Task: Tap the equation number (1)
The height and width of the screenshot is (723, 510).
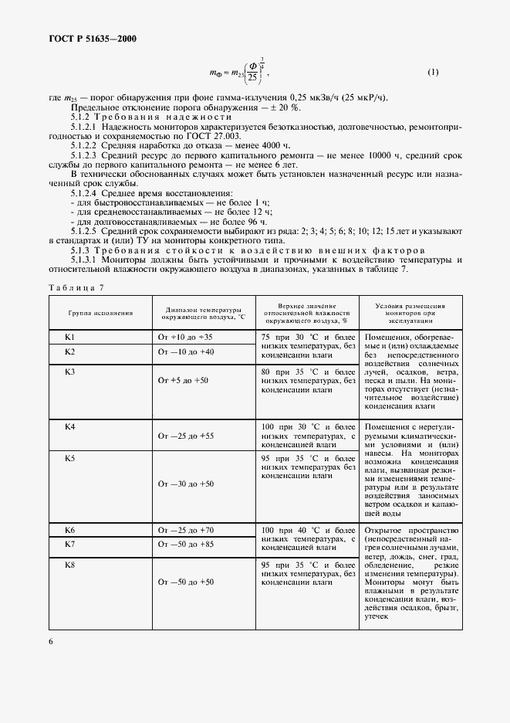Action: click(433, 73)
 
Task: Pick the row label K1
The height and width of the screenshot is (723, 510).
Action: click(69, 338)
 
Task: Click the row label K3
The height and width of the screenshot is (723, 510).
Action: click(69, 372)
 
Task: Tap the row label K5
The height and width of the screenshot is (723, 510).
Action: click(69, 459)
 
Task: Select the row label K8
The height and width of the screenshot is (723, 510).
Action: click(69, 566)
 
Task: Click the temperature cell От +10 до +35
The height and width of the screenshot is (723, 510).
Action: click(184, 338)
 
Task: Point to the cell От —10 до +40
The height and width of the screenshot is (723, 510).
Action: click(184, 351)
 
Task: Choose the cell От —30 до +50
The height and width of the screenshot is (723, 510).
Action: click(184, 484)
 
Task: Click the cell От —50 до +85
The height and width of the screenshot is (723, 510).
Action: click(184, 545)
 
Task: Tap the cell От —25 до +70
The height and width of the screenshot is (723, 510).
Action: click(184, 531)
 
